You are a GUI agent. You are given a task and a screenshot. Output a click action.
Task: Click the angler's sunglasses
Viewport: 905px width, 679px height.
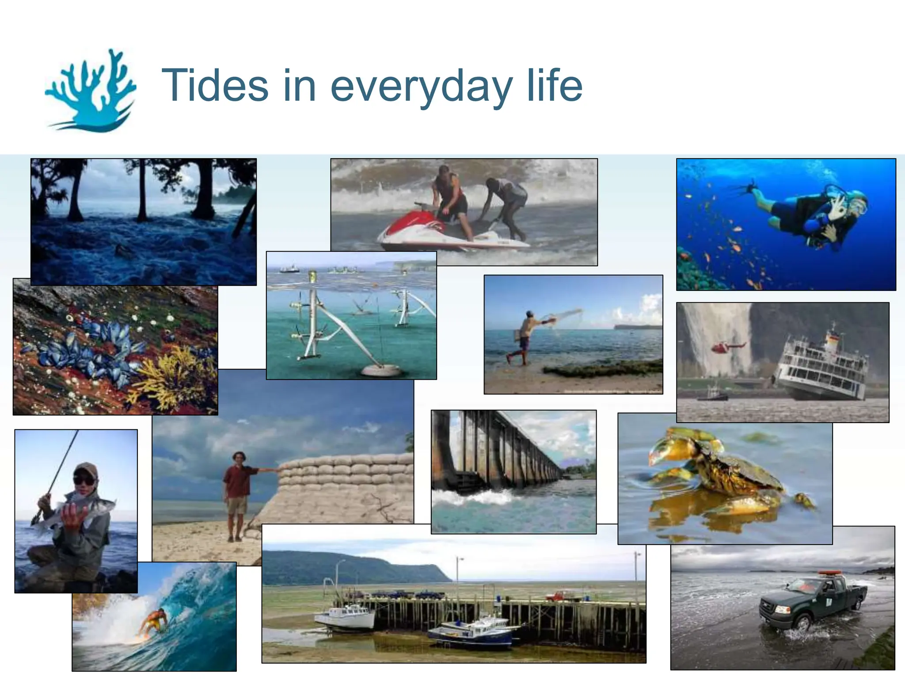tap(84, 480)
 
